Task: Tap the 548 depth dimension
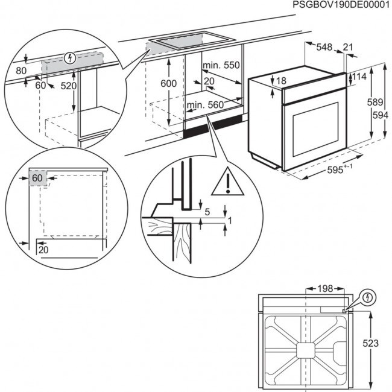click(324, 48)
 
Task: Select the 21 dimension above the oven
click(347, 48)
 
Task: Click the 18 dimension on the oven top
click(281, 81)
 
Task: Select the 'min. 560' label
click(205, 106)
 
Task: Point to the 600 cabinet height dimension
click(171, 83)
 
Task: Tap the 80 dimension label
click(21, 71)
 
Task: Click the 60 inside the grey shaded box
click(37, 179)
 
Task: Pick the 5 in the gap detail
click(207, 212)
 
